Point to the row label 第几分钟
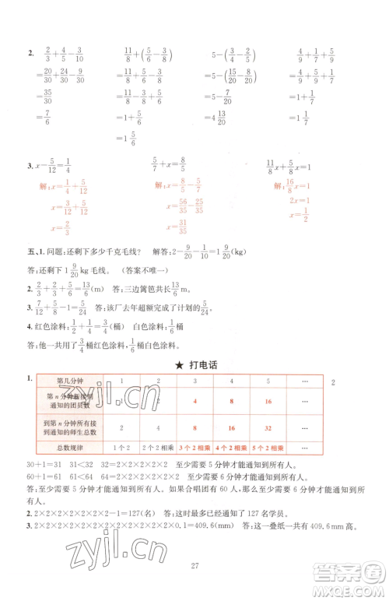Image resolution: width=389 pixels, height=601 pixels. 69,381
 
